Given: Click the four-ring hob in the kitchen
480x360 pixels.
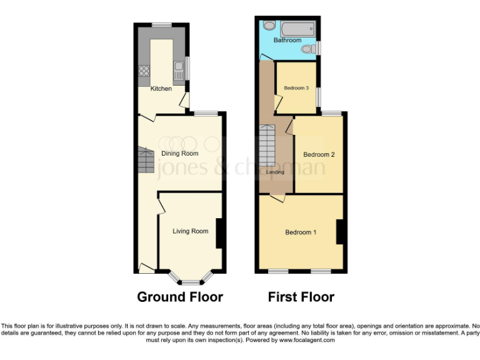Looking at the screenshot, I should point(143,71).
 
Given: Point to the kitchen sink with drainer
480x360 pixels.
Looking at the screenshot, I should point(177,68).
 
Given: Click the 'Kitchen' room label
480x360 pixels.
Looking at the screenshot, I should point(161,89).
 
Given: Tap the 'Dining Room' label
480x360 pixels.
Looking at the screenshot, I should point(180,153).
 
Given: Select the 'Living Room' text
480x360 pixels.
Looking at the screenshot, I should point(191,231).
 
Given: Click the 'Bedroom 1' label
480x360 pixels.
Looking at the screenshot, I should point(301,232).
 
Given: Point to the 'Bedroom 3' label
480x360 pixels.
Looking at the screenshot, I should point(296,88).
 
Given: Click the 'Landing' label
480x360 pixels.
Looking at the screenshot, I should point(275,172).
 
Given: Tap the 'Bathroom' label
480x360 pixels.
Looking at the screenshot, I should point(287,41).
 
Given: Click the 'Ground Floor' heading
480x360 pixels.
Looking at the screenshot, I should point(180,297).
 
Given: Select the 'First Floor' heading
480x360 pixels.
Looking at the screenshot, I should point(301,297).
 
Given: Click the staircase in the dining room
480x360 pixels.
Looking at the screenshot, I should point(146,161).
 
